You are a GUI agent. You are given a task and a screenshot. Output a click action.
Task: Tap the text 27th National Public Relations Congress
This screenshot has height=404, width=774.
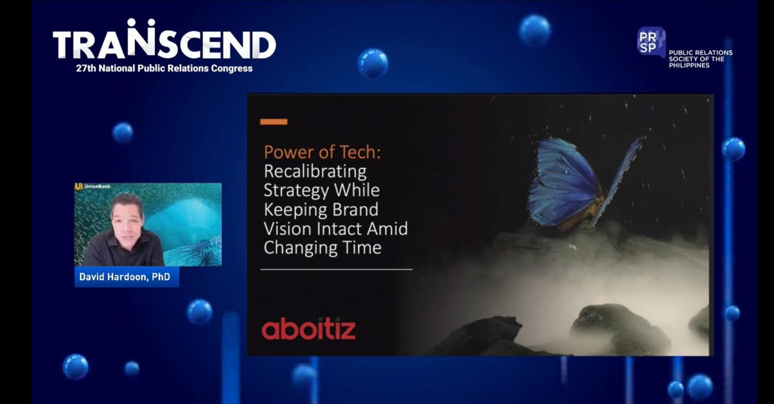[x=164, y=68]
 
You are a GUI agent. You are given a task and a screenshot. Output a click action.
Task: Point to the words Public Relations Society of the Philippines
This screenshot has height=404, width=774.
[x=700, y=59]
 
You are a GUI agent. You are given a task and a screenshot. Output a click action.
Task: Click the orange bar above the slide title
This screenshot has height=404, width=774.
[x=273, y=121]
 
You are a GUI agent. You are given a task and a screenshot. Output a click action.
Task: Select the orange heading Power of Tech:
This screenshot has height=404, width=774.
[x=322, y=152]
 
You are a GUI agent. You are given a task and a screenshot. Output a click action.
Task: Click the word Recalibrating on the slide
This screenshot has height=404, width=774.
[x=315, y=172]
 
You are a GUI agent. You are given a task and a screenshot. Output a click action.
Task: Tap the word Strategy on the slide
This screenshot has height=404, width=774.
[x=293, y=191]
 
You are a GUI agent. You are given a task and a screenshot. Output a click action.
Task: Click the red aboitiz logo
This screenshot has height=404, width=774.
[x=308, y=328]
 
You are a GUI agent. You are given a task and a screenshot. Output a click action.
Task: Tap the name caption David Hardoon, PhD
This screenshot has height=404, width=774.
[x=124, y=277]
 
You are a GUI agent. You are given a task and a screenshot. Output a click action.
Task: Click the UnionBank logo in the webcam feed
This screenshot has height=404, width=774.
[x=93, y=187]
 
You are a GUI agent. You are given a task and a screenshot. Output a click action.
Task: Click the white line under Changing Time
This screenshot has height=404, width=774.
[x=336, y=269]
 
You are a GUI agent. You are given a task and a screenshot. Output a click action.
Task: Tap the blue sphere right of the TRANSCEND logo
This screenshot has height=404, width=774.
[x=373, y=63]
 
